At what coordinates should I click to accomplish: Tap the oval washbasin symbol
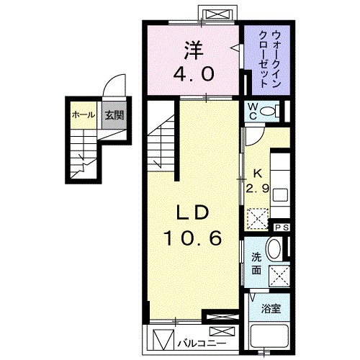click(x=274, y=250)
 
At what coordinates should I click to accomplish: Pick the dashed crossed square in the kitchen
click(x=258, y=218)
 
